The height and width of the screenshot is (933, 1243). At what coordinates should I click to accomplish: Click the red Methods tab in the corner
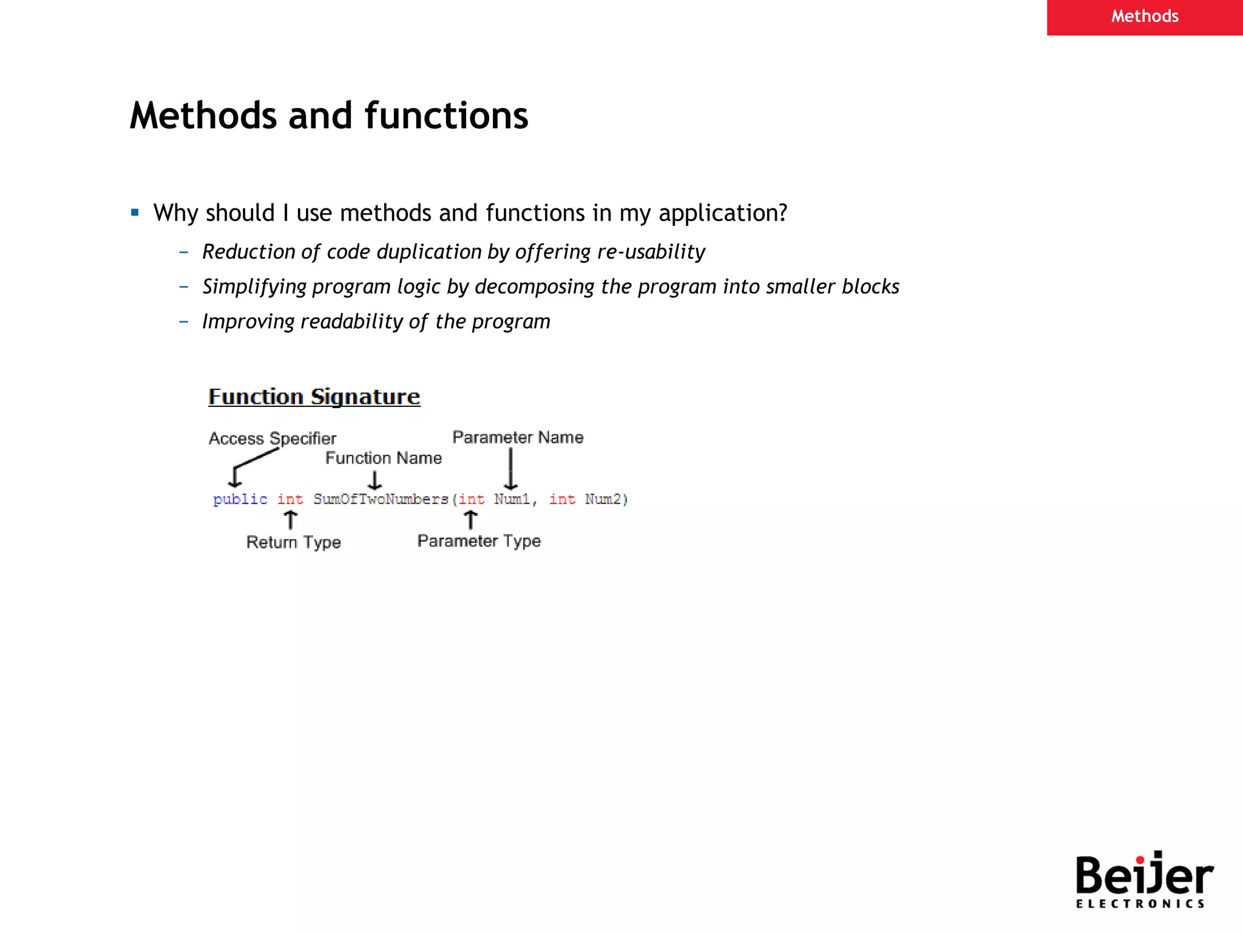tap(1144, 17)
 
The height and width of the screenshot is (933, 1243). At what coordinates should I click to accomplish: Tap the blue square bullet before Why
tap(135, 213)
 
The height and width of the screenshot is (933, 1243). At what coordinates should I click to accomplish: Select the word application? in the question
tap(722, 214)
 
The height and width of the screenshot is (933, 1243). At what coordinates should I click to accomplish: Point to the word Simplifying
tap(254, 287)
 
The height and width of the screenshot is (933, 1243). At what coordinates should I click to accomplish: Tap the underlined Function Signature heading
tap(314, 397)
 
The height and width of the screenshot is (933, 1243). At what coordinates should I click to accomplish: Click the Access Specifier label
tap(272, 438)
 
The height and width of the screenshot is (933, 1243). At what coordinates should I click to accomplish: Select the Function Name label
tap(383, 458)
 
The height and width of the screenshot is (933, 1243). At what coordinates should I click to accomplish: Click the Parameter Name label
tap(518, 437)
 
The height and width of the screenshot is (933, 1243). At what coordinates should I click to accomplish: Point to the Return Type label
tap(293, 542)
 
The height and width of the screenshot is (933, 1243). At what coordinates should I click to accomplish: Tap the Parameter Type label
tap(479, 541)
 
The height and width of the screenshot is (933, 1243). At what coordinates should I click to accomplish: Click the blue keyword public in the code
tap(240, 499)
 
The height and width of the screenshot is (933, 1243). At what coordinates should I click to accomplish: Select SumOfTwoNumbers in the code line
tap(381, 499)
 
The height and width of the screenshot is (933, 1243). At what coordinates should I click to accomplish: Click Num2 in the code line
tap(603, 499)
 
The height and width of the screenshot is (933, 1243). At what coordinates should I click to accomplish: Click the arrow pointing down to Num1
tap(511, 469)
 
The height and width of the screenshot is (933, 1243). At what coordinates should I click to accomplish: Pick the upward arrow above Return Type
tap(291, 520)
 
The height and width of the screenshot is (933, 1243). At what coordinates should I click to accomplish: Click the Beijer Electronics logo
tap(1143, 880)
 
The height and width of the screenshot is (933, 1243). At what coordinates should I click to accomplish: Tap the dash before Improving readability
tap(184, 321)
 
